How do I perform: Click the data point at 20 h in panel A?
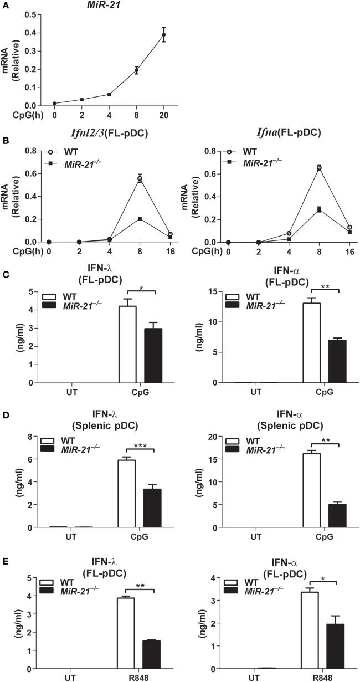coord(163,35)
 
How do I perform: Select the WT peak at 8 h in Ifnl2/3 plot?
coord(140,178)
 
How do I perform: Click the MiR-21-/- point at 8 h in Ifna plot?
coord(320,209)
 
